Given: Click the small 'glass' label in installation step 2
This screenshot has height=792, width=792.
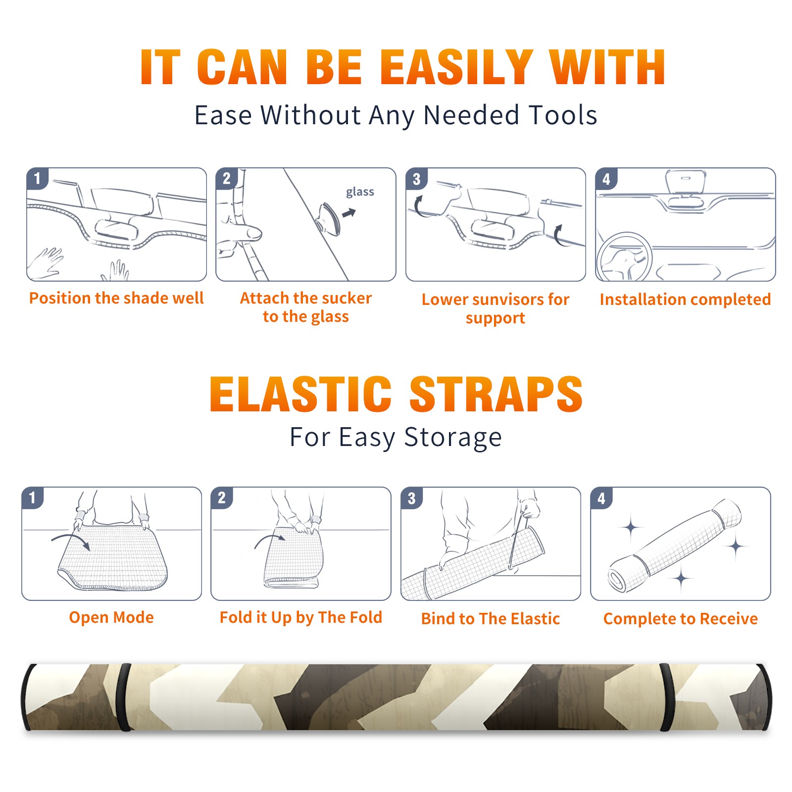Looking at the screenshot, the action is [360, 192].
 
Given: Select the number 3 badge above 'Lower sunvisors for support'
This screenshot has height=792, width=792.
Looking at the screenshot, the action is [416, 179].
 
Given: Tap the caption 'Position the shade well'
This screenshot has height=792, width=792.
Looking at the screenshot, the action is [116, 298].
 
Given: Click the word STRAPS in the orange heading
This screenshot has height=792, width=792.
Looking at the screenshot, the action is [496, 394].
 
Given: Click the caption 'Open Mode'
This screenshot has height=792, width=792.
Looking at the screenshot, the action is [111, 617].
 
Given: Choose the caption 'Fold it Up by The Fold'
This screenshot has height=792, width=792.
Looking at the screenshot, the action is [301, 617].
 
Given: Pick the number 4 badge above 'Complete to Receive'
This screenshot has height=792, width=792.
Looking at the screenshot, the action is [601, 498].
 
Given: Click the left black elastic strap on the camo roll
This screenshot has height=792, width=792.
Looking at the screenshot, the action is [123, 697].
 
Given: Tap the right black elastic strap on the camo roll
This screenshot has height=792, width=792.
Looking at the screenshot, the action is [667, 697].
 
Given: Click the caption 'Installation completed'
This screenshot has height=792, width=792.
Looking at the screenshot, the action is [685, 299].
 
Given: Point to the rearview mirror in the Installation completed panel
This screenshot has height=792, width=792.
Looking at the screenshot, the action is [686, 182].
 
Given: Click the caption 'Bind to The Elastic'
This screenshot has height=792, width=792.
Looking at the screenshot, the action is [491, 619].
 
